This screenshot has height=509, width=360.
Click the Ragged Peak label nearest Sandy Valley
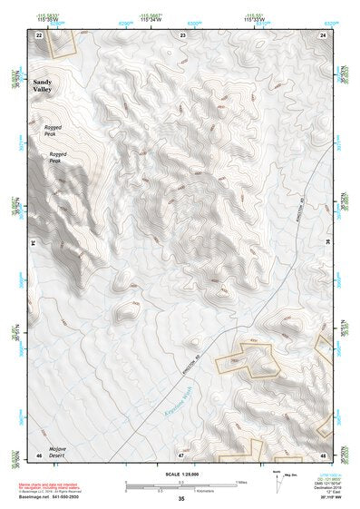click(54, 131)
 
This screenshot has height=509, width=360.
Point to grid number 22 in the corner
click(38, 34)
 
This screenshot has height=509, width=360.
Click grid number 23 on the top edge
click(183, 34)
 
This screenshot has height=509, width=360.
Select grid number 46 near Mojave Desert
click(38, 454)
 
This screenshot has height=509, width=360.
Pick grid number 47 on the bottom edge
click(180, 454)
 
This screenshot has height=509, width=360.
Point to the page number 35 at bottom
click(181, 499)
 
